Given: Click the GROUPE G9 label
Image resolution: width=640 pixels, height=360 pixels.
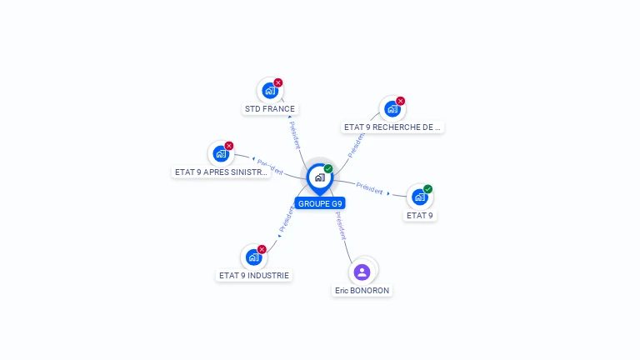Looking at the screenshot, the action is coord(320,203).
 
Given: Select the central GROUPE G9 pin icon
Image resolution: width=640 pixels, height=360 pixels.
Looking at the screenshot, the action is coord(319,177).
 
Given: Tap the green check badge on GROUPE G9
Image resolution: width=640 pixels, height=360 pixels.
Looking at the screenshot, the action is coord(328,169).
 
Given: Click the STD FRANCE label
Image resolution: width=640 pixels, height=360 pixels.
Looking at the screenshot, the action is coord(270,109).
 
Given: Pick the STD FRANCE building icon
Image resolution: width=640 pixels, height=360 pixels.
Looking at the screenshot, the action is coord(269,91).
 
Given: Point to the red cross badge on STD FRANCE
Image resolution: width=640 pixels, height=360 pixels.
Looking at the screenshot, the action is coord(278,82).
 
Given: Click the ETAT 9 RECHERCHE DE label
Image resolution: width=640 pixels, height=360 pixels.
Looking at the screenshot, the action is coord(392,127).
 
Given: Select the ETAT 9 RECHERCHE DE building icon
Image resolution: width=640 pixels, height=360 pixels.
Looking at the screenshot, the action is coord(392,108).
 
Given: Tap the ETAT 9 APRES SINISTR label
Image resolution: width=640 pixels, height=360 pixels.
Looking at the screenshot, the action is coord(221,172).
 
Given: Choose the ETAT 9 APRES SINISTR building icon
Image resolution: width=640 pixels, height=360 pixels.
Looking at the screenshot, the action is coord(221,153).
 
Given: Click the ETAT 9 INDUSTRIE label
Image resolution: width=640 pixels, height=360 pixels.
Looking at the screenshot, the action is coord(254,275).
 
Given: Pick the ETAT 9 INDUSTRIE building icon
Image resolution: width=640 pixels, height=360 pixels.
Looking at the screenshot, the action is coord(253,257).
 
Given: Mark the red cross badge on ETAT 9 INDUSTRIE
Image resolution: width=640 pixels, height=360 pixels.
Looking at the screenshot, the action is coord(262,249).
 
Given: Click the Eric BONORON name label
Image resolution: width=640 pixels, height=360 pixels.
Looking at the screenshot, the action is coord(362,290).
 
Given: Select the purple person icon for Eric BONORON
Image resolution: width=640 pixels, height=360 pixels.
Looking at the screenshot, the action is coord(362,272).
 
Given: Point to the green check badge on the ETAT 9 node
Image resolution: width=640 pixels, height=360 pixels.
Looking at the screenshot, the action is coord(427,189).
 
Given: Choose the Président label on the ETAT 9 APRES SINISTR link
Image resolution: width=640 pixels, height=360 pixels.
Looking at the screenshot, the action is coord(271,167).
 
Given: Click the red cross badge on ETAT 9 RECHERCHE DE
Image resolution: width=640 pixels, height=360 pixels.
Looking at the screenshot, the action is coord(400,101).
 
